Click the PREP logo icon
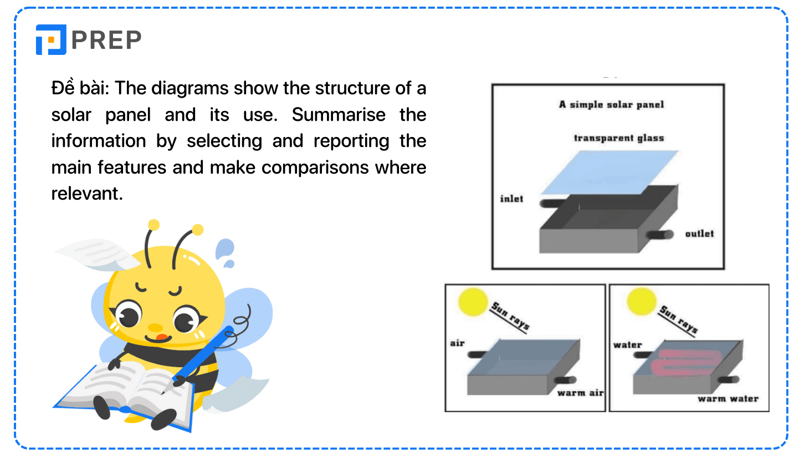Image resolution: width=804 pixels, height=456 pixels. pos(51,39)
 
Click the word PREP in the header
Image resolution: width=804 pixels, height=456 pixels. pos(106,39)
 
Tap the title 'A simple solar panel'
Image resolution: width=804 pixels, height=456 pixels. pos(611,104)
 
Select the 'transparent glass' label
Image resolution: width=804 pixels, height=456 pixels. pos(618,138)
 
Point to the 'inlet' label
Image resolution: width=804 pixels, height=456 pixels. pos(511,199)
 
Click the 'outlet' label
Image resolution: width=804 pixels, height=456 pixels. pos(699,234)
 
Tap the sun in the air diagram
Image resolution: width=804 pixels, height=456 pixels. pos(472,302)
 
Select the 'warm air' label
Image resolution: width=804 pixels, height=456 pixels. pos(580,393)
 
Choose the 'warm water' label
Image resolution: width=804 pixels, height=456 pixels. pos(728,398)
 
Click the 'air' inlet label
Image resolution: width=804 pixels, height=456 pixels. pos(457,343)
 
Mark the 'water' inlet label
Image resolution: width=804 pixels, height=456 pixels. pos(627,344)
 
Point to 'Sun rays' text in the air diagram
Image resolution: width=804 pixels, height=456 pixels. pos(510,316)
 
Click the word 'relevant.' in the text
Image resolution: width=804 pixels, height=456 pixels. pos(87,194)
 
